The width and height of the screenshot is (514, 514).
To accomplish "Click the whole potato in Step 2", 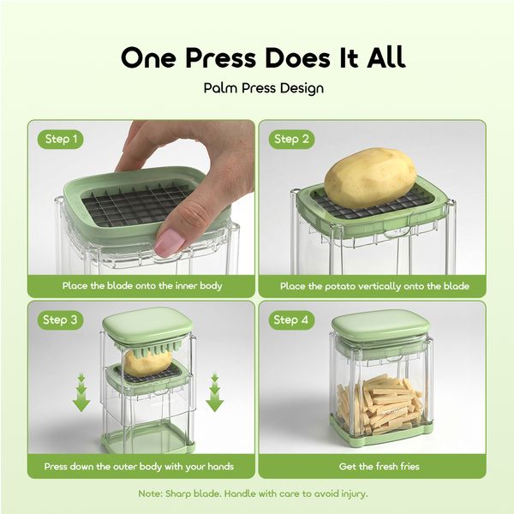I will tap(370, 176).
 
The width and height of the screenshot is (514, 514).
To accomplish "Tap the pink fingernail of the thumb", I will tap(170, 242).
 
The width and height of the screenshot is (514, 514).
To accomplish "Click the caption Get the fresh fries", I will tap(371, 467).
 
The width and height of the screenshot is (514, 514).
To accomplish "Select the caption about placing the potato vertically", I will tap(371, 286).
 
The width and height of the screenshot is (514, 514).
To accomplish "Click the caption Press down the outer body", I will tap(140, 467).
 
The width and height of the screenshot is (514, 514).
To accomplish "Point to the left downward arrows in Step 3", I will tap(81, 391).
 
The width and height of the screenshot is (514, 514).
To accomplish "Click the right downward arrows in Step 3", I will tap(214, 391).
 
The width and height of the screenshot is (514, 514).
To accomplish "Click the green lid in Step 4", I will tap(380, 326).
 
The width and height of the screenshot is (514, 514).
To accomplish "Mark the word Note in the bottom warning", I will tap(152, 493).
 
